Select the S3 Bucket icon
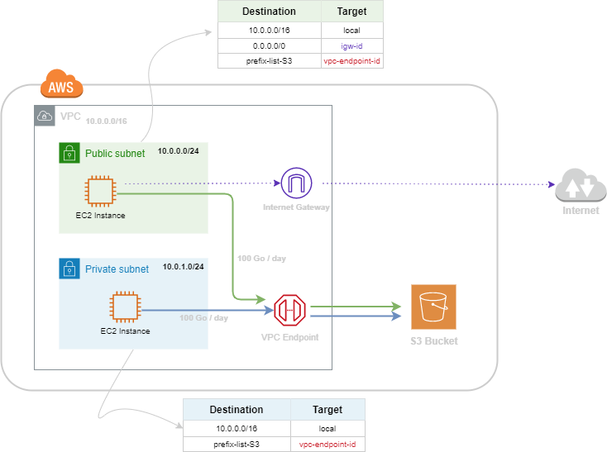[433, 307]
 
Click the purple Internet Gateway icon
[294, 182]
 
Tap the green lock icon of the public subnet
[69, 153]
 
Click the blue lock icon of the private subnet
[69, 269]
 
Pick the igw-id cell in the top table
[352, 45]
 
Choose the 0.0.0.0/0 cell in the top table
[270, 45]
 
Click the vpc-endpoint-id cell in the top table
[352, 60]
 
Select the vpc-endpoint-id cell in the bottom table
[327, 445]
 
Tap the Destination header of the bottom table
[237, 410]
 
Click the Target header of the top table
[352, 12]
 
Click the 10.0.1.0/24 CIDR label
[184, 267]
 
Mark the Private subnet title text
[117, 269]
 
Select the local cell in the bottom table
[327, 429]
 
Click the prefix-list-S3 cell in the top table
[270, 60]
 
